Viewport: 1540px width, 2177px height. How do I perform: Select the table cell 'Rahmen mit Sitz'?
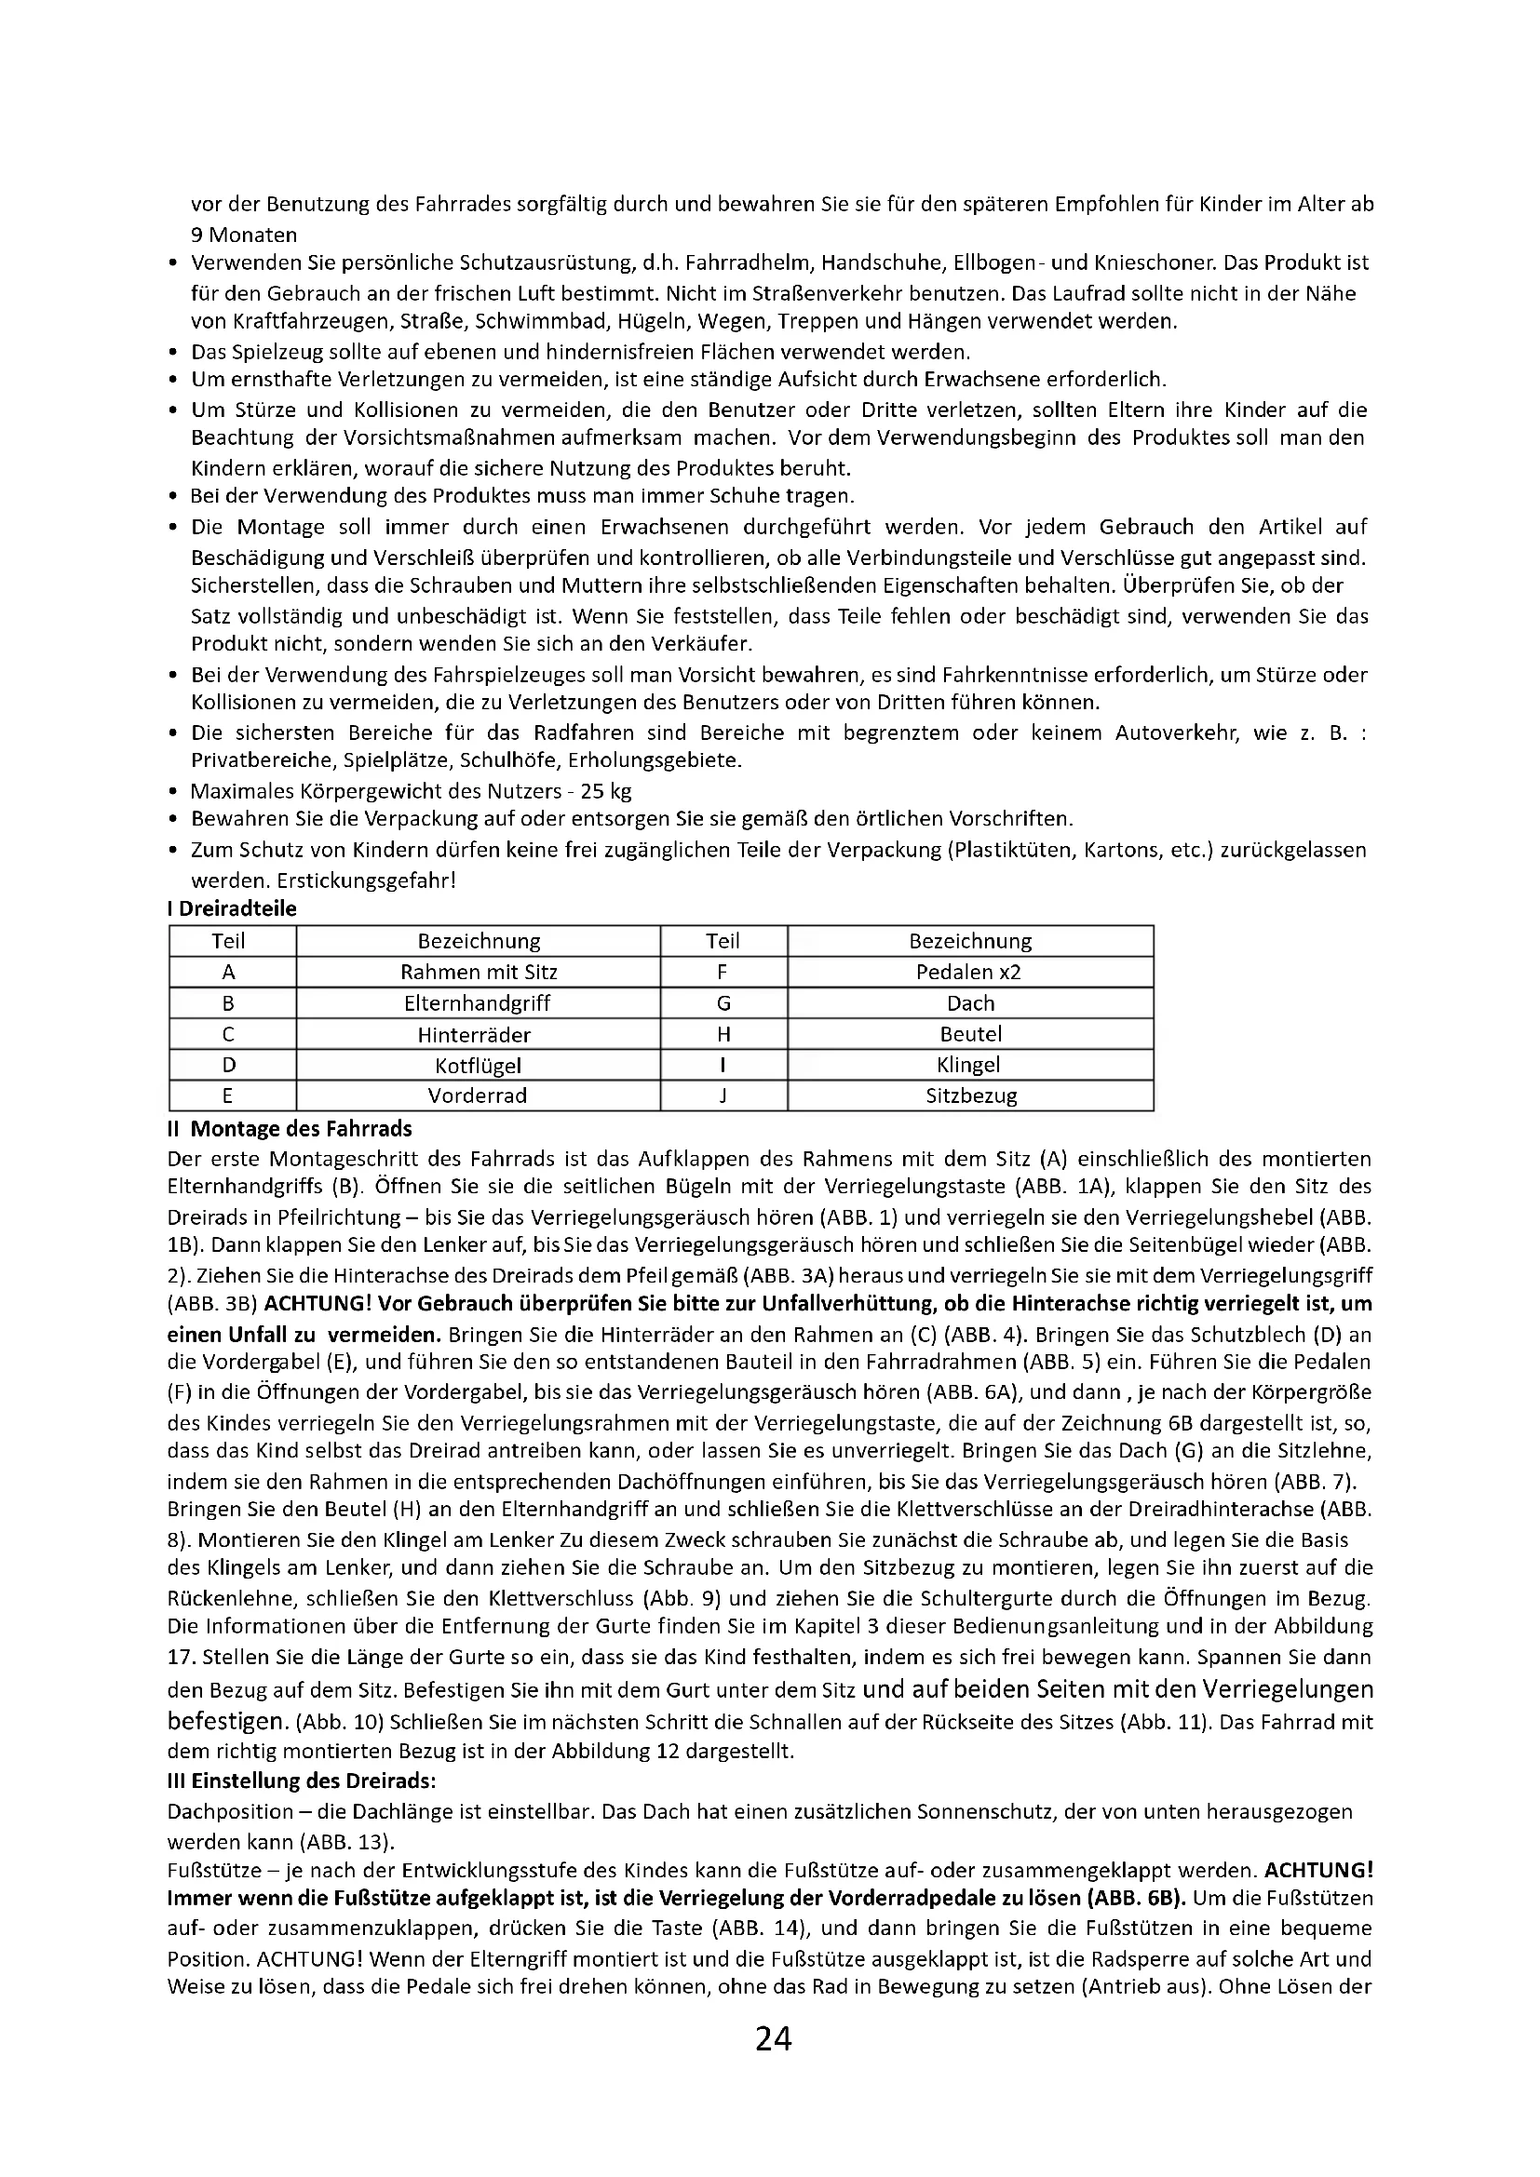pyautogui.click(x=478, y=972)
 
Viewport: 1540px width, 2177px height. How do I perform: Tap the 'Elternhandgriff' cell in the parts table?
pyautogui.click(x=478, y=1003)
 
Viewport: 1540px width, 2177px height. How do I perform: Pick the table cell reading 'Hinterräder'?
pyautogui.click(x=478, y=1034)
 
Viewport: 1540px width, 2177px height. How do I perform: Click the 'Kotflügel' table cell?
pyautogui.click(x=478, y=1065)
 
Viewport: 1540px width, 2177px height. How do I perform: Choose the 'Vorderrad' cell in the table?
pyautogui.click(x=478, y=1095)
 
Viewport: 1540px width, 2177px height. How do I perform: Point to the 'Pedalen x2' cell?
pyautogui.click(x=969, y=972)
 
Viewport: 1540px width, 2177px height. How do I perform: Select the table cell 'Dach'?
pyautogui.click(x=969, y=1003)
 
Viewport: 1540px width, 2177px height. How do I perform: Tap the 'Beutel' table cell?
pyautogui.click(x=969, y=1034)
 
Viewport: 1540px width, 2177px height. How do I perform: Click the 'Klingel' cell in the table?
pyautogui.click(x=969, y=1065)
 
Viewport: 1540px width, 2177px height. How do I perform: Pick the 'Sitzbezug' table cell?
pyautogui.click(x=969, y=1095)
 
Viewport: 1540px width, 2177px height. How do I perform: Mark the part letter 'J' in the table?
pyautogui.click(x=723, y=1095)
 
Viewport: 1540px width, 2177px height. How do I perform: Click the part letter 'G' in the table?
pyautogui.click(x=723, y=1003)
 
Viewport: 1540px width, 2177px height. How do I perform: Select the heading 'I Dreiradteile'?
pyautogui.click(x=233, y=908)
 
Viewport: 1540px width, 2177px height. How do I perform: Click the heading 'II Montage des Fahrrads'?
pyautogui.click(x=290, y=1128)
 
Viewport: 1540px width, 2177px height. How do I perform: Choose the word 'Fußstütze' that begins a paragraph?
pyautogui.click(x=209, y=1871)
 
